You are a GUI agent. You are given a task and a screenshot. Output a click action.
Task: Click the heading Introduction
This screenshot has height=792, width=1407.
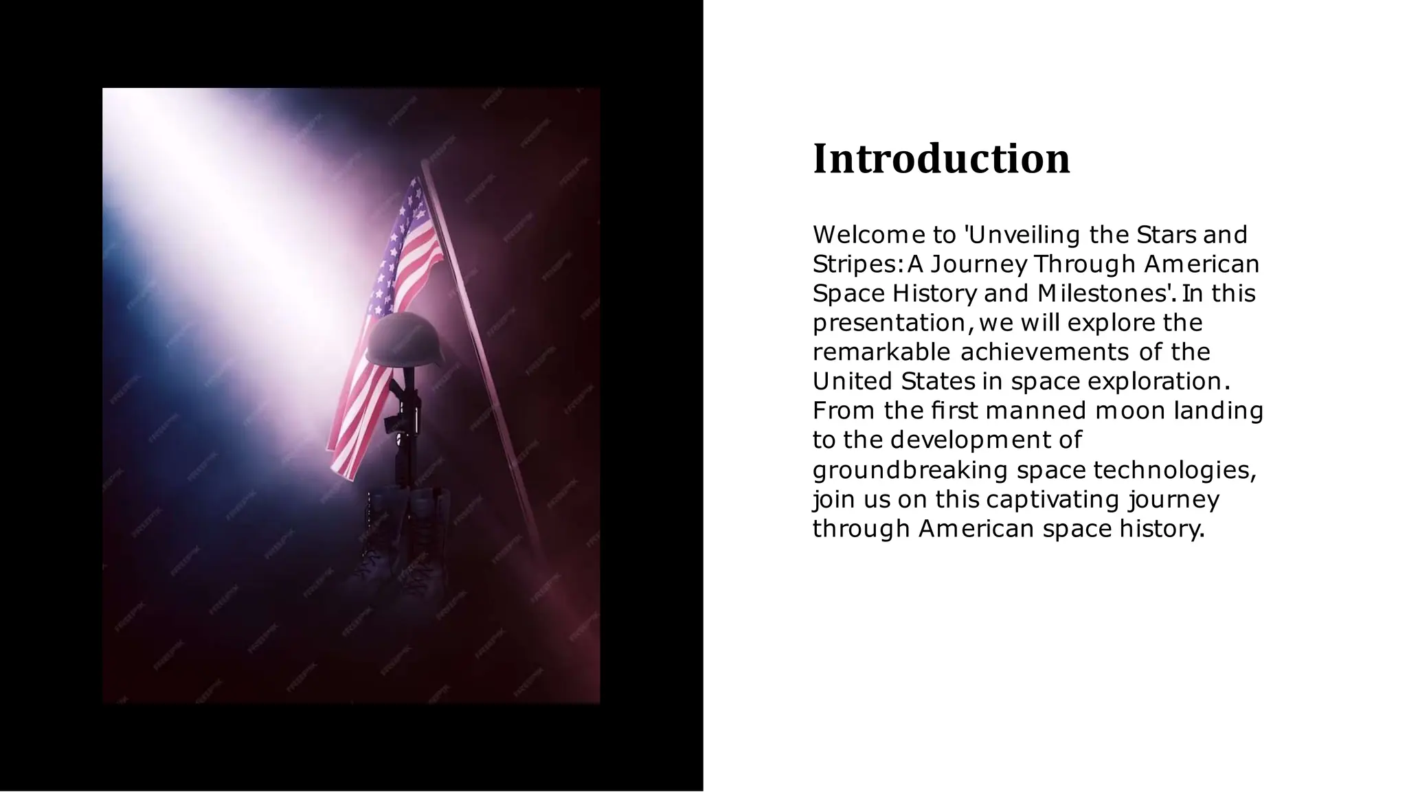[941, 159]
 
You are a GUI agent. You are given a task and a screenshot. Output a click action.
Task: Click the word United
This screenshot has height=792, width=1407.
[852, 381]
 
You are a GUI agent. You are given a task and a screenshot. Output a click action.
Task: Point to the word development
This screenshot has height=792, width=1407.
[970, 440]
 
